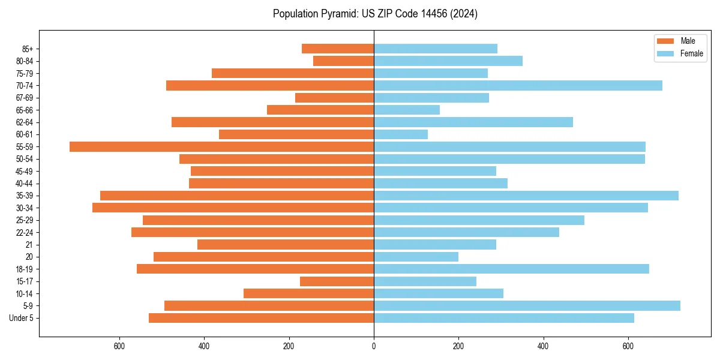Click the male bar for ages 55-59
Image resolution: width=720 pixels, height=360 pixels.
pos(222,146)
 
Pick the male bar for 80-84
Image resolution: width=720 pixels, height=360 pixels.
pos(343,61)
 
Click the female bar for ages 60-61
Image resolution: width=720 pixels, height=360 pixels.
pos(401,134)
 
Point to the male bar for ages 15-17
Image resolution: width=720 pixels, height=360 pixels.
pos(337,281)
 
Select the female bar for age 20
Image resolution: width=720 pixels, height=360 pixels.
pos(416,257)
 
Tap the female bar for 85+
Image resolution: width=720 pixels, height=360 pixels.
pos(436,49)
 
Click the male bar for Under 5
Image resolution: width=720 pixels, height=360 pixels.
pos(261,318)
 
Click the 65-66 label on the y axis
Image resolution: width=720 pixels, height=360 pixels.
pos(25,110)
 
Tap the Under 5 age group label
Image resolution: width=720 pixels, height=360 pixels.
pos(22,318)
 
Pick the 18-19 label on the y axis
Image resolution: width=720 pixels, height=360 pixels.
pos(25,269)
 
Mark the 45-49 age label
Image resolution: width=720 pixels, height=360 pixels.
pos(25,171)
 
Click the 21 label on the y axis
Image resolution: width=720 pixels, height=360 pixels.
pos(29,245)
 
